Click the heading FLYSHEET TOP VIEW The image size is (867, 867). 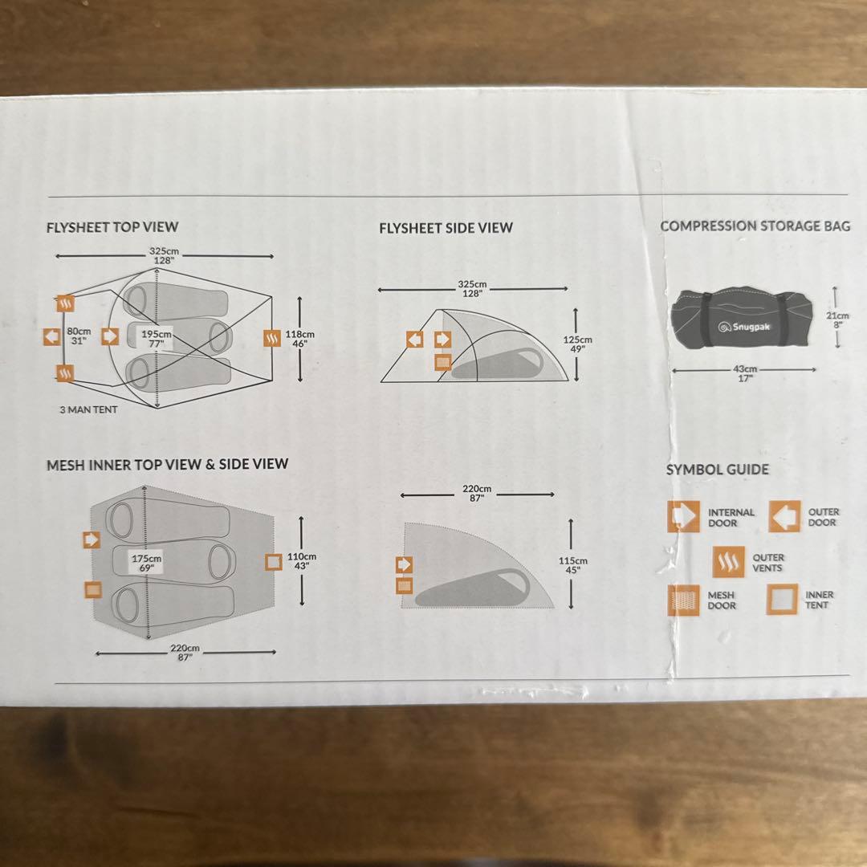[x=112, y=227]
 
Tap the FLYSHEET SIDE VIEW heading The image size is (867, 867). [x=446, y=228]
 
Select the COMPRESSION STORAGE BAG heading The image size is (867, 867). [x=755, y=226]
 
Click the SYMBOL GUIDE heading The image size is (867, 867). [x=717, y=470]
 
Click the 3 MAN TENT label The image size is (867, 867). [x=88, y=409]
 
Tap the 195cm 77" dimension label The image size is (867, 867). [x=157, y=338]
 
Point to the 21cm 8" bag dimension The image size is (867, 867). [x=837, y=320]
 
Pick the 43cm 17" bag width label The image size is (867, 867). [x=746, y=373]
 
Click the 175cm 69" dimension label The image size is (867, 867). [x=147, y=562]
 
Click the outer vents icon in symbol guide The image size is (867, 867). [x=729, y=562]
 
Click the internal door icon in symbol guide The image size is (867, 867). [x=683, y=516]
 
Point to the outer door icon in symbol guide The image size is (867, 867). [x=784, y=516]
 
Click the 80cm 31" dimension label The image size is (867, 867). [x=79, y=336]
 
